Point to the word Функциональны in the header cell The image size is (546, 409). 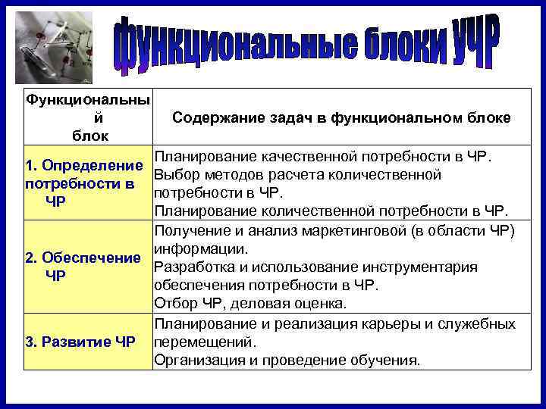[86, 100]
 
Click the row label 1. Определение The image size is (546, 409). [84, 165]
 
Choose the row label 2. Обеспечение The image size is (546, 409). [83, 258]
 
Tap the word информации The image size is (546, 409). [199, 248]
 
